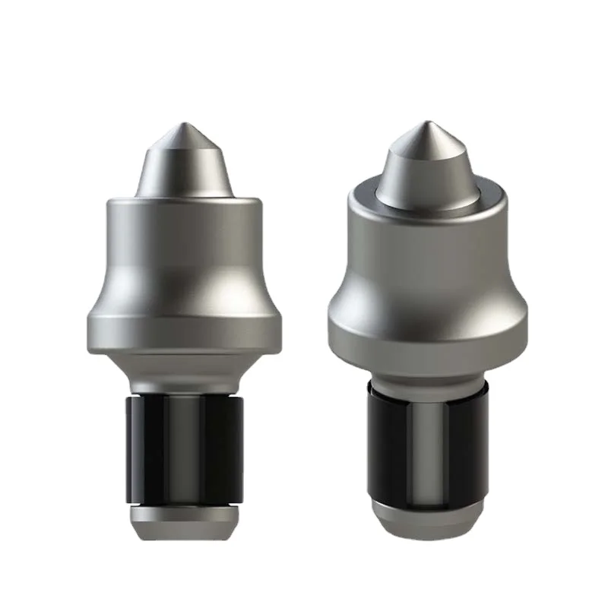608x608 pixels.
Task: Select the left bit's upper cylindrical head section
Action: click(x=183, y=243)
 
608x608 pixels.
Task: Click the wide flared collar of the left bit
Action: click(x=183, y=323)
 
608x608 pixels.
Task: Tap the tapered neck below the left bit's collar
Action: click(x=183, y=369)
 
